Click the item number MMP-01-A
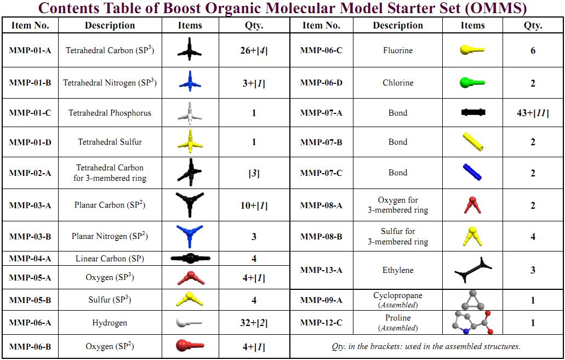click(x=30, y=50)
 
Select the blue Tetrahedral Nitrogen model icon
click(x=190, y=83)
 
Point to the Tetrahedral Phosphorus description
click(x=110, y=113)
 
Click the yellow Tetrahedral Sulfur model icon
click(x=190, y=142)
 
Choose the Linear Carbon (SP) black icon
click(x=190, y=258)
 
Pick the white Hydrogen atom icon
click(x=189, y=323)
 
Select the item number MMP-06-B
click(x=30, y=346)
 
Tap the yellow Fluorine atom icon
click(x=472, y=50)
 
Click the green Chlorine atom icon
click(x=472, y=83)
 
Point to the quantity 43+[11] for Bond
click(x=533, y=113)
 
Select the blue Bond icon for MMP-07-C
click(x=472, y=173)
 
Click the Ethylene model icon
click(x=472, y=270)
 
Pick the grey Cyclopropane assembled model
click(x=472, y=300)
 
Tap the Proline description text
click(x=398, y=318)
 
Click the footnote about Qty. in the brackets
click(x=426, y=346)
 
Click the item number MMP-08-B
click(x=321, y=237)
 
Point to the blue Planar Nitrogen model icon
click(x=190, y=236)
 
